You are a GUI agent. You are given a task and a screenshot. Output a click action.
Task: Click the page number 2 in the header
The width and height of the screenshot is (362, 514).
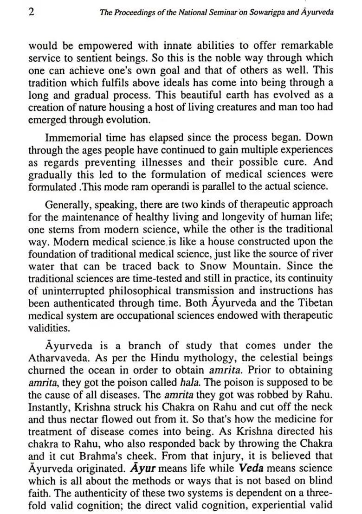(32, 12)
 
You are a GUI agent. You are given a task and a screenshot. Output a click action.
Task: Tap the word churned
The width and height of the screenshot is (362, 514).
(45, 370)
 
